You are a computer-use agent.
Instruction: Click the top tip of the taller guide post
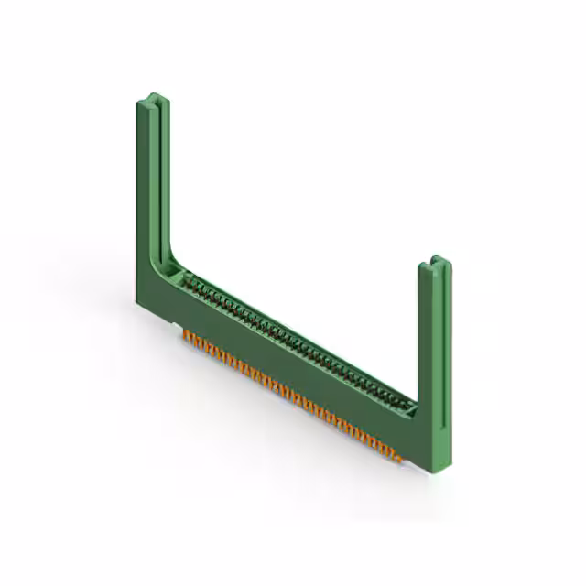pyautogui.click(x=152, y=98)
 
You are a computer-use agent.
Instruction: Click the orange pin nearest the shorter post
pyautogui.click(x=396, y=454)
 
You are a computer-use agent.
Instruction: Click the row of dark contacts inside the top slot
pyautogui.click(x=293, y=339)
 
